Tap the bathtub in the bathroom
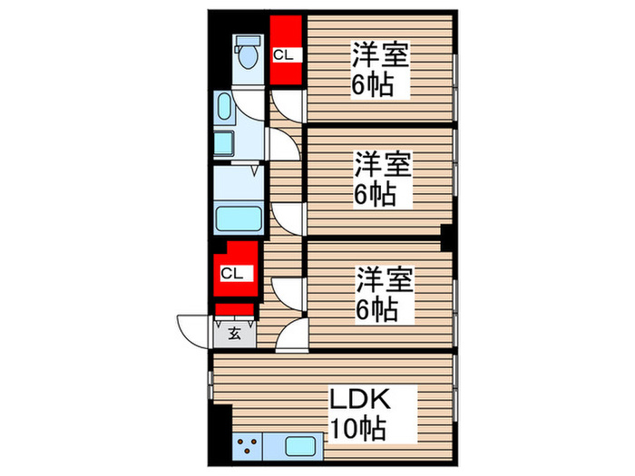(239, 219)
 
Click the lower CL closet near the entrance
(232, 269)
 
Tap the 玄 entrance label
(234, 333)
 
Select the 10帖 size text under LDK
(359, 428)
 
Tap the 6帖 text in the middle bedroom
(376, 194)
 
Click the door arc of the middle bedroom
(287, 218)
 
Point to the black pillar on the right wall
(446, 238)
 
